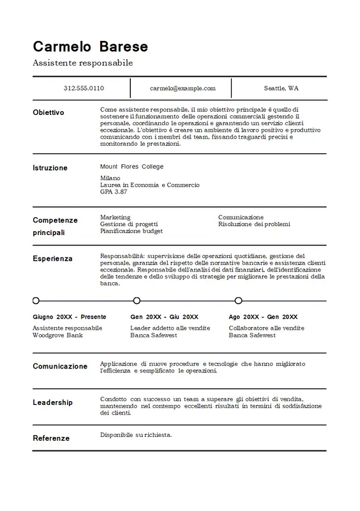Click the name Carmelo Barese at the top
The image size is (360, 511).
point(90,47)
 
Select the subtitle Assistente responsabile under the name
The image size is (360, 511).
point(82,63)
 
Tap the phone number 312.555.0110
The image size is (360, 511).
point(84,88)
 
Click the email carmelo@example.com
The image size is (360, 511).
point(183,88)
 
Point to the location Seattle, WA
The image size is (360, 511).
point(281,88)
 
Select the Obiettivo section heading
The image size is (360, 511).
point(49,112)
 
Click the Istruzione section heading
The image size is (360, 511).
point(50,168)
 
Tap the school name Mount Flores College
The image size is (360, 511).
point(131,167)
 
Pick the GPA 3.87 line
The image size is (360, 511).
point(114,192)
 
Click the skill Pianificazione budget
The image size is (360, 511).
point(131,231)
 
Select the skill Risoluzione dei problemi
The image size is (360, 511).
point(254,224)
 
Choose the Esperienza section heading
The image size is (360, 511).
point(52,259)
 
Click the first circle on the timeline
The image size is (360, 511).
point(36,300)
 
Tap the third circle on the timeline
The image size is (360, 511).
point(238,300)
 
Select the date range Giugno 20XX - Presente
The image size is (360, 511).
point(69,317)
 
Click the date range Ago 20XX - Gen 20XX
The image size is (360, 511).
point(262,317)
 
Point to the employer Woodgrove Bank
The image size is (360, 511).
point(57,335)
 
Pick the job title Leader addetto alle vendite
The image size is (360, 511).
point(170,328)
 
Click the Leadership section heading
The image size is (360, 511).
point(52,402)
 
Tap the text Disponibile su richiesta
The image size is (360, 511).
point(136,435)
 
